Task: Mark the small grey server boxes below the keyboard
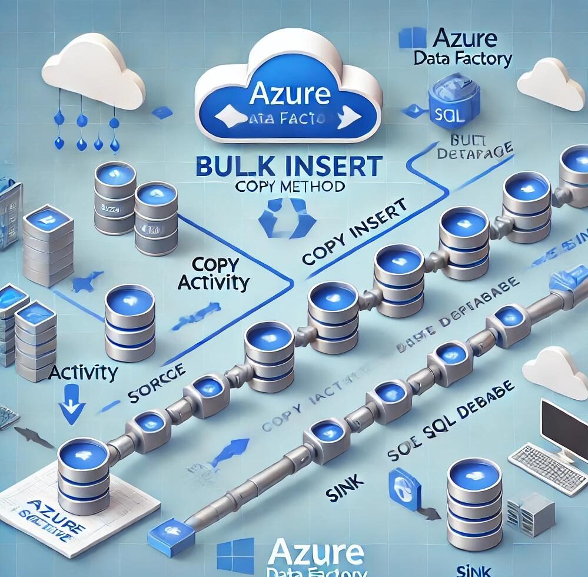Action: coord(524,508)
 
